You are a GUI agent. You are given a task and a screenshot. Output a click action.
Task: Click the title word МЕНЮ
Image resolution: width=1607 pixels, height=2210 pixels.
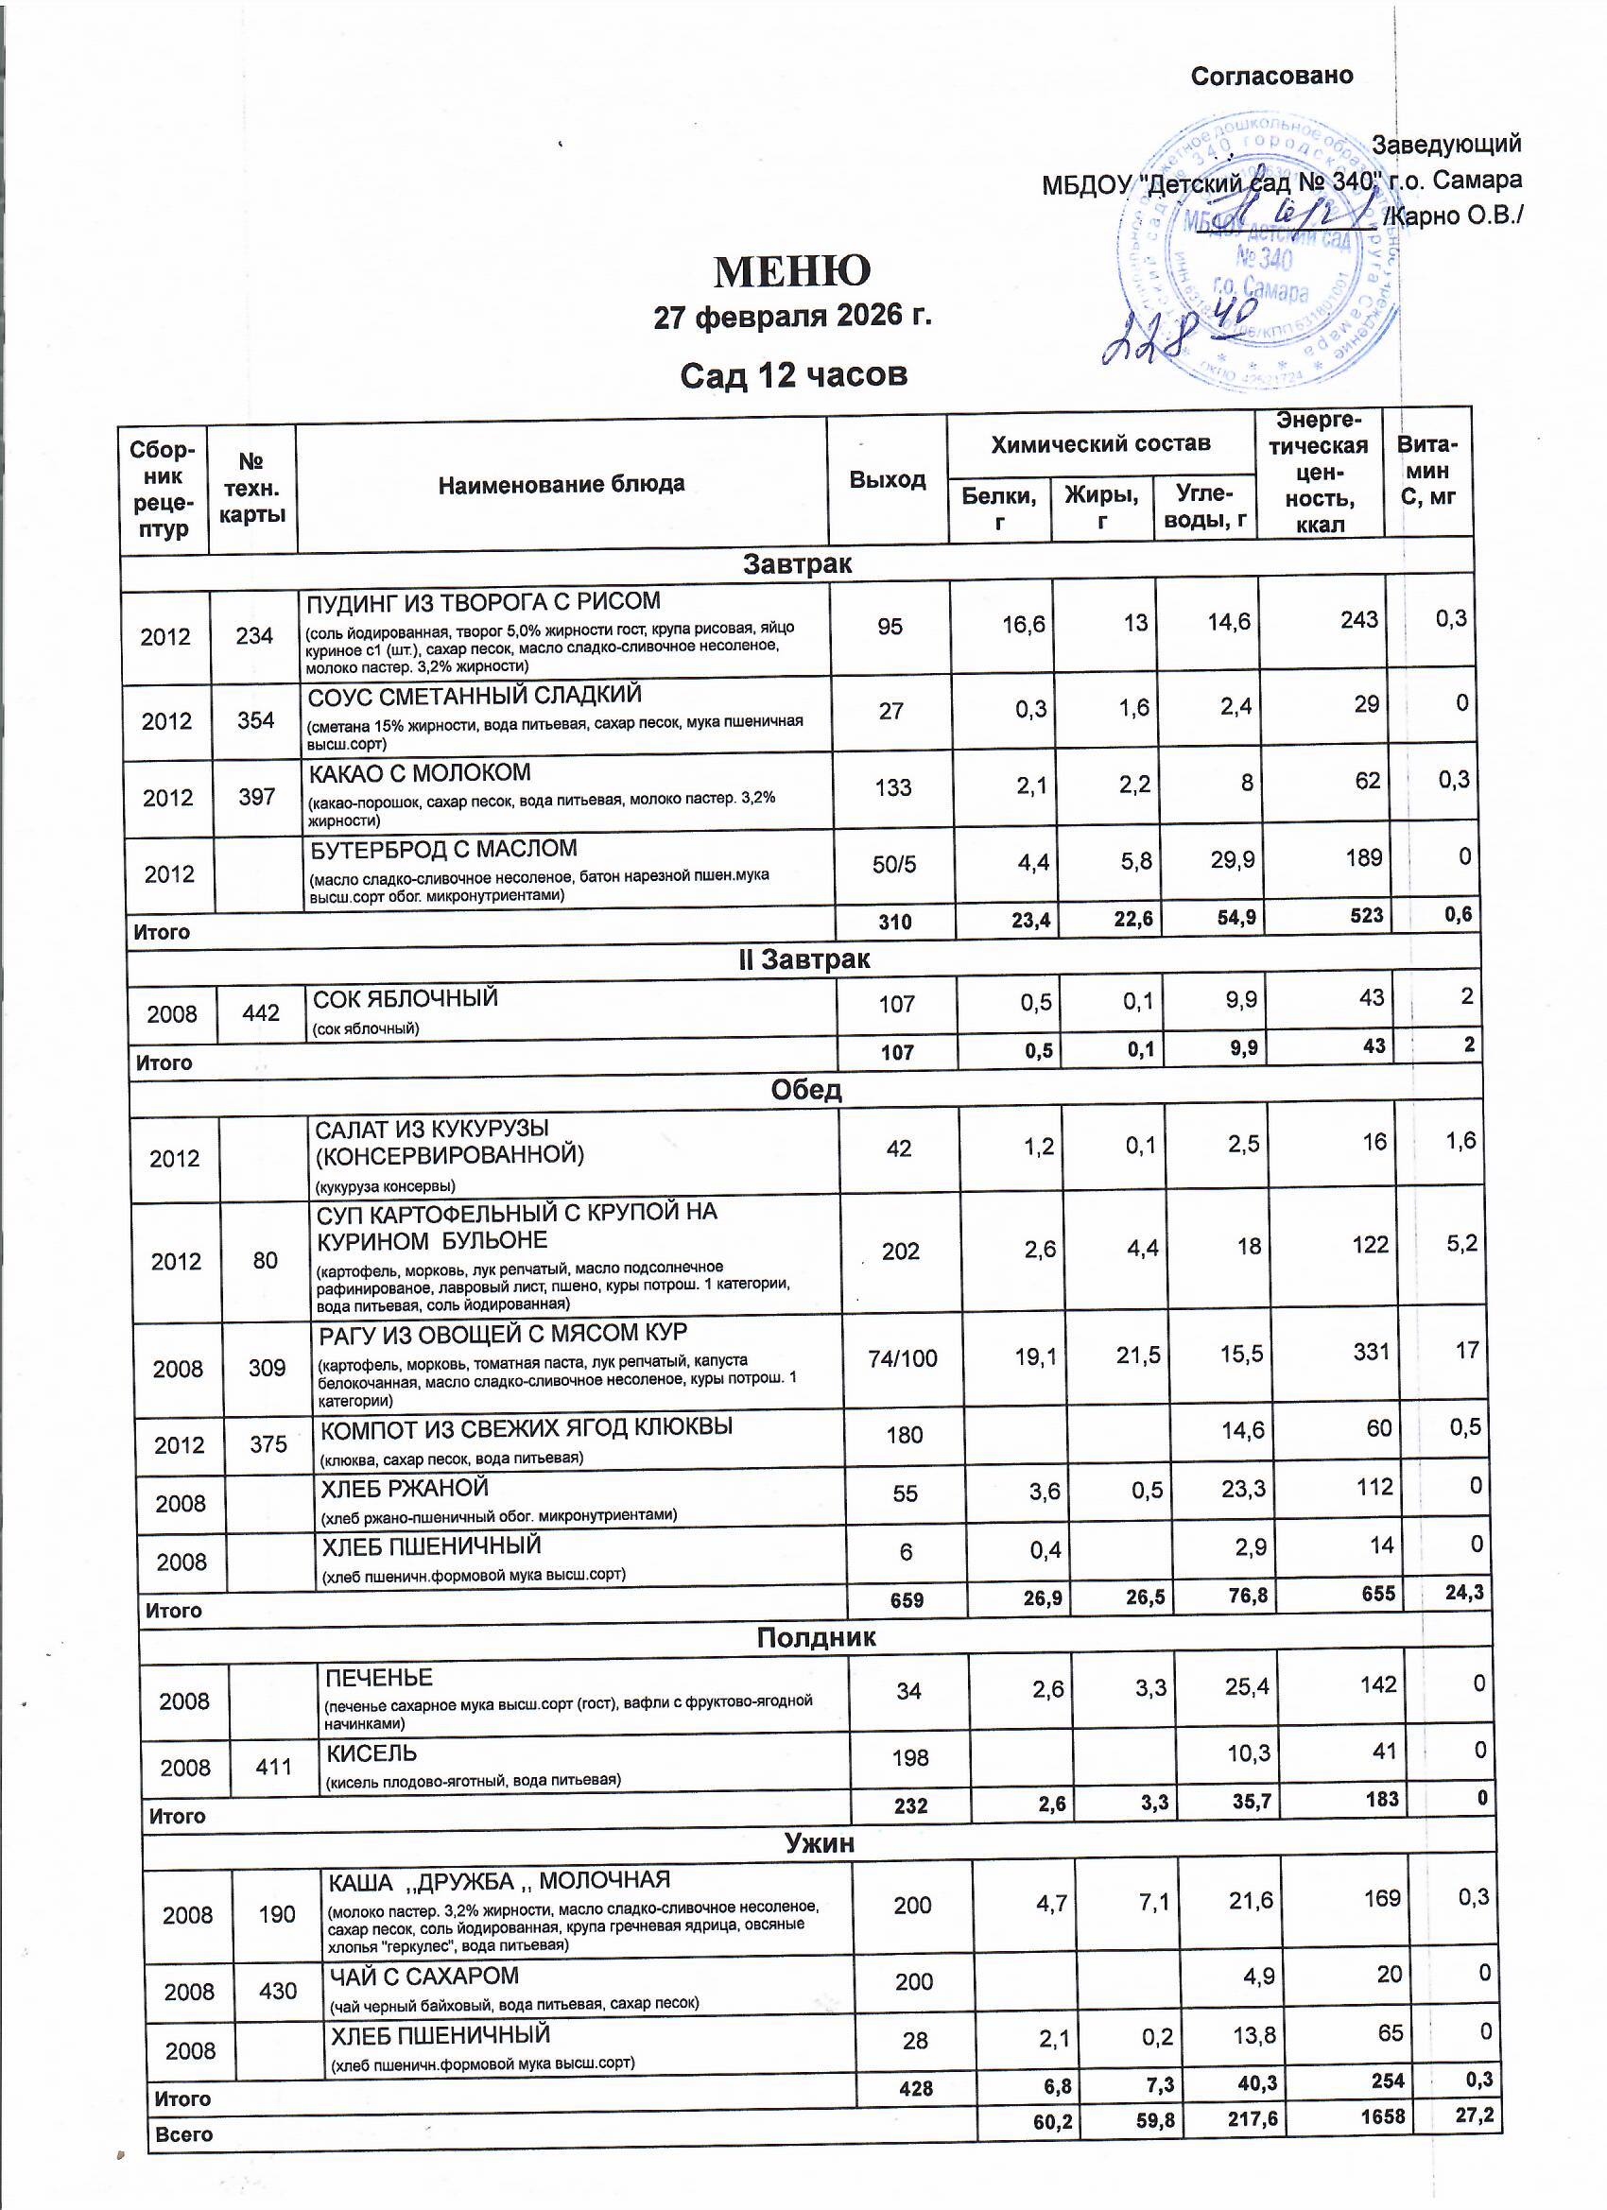click(791, 272)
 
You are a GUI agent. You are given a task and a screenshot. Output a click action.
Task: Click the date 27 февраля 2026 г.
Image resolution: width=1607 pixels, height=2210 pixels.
click(791, 318)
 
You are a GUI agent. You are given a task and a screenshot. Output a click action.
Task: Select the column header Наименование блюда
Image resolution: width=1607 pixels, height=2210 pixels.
click(562, 484)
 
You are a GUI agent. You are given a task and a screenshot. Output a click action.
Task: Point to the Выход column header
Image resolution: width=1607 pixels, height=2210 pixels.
click(887, 479)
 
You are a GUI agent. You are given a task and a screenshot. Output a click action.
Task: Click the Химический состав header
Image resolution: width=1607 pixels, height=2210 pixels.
click(1100, 444)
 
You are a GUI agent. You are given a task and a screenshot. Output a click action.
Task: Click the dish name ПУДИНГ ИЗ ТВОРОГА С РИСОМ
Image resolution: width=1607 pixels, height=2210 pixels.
click(483, 601)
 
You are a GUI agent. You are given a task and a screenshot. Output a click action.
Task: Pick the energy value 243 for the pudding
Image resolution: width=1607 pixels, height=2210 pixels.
click(1358, 621)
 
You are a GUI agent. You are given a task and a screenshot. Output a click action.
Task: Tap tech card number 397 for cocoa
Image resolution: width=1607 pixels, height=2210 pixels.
click(256, 797)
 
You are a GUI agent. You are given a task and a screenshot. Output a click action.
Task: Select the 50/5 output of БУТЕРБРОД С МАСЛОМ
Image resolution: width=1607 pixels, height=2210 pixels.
click(893, 864)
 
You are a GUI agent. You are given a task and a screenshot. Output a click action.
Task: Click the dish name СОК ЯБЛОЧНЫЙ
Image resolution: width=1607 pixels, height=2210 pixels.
click(405, 999)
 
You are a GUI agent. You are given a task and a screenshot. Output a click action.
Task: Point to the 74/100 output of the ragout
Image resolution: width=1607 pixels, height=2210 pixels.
click(903, 1358)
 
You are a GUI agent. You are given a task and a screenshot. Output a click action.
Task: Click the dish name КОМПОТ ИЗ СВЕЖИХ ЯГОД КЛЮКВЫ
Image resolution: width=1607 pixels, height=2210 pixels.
click(527, 1427)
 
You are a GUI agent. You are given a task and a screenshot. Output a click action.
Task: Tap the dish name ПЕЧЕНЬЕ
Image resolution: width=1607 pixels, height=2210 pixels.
click(378, 1678)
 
